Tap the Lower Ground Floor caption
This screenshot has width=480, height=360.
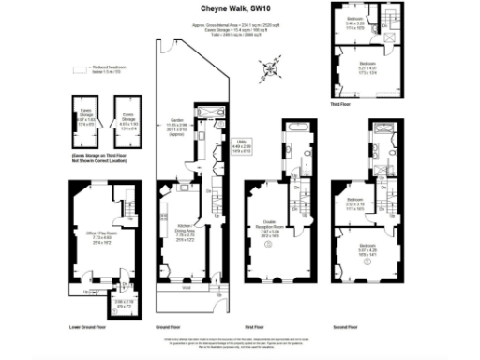point(90,328)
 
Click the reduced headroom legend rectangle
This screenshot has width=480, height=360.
point(79,69)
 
